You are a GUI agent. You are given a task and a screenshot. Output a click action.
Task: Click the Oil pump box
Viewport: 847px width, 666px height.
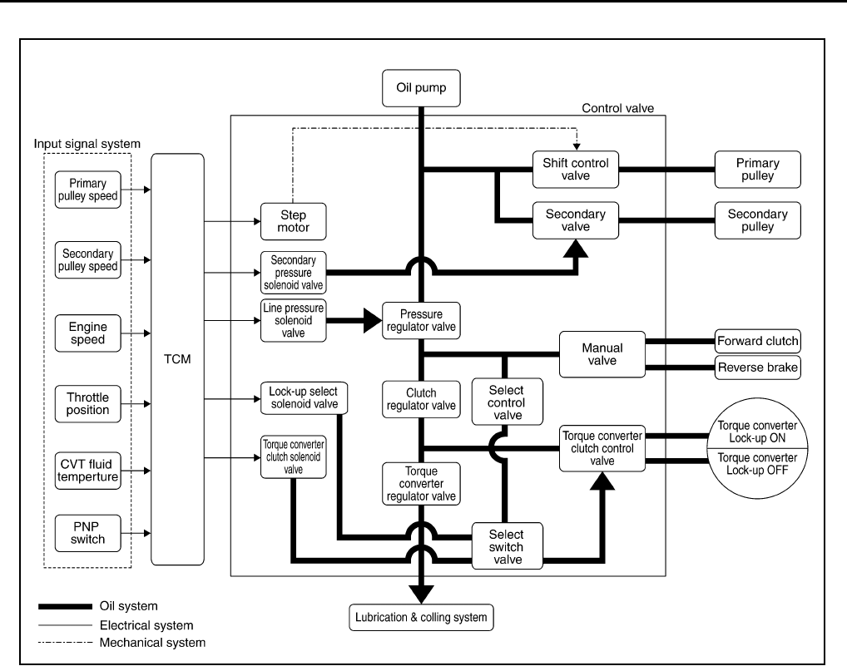tap(421, 88)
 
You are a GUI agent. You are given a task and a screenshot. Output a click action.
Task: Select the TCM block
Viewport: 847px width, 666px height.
tap(177, 359)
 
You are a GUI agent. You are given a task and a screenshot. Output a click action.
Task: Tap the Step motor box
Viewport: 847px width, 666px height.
tap(294, 221)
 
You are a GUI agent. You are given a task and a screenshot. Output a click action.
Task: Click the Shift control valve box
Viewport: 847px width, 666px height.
tap(575, 170)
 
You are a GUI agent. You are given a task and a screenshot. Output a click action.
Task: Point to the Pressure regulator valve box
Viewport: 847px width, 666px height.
tap(421, 321)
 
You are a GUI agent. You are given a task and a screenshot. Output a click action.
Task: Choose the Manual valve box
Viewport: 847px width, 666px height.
tap(602, 354)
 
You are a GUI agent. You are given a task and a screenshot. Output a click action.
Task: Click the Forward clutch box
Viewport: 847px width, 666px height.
tap(757, 341)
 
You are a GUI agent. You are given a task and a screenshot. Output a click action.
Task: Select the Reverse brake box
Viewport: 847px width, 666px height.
tap(757, 368)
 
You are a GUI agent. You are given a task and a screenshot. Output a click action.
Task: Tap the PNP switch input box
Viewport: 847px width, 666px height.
tap(87, 533)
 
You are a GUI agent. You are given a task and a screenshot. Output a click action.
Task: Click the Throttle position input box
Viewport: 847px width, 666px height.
tap(87, 404)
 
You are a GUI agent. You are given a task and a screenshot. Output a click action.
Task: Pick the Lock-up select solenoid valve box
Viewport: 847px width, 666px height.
tap(305, 397)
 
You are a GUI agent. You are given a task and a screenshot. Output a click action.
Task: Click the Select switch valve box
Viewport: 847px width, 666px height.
tap(508, 546)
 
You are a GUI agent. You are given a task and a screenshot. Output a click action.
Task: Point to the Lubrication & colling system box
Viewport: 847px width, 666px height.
tap(421, 618)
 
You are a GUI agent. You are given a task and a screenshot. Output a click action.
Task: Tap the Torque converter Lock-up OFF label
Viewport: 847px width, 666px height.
tap(757, 464)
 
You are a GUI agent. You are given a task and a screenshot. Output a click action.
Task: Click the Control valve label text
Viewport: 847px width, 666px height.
tap(618, 108)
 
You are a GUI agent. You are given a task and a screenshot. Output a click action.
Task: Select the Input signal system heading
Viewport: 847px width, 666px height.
tap(87, 144)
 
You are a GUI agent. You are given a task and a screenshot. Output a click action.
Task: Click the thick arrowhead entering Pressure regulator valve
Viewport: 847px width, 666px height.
tap(373, 321)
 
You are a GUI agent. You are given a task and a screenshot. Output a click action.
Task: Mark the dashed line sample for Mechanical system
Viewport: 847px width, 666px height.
tap(66, 642)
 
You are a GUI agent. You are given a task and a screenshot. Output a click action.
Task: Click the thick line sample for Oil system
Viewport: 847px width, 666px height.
tap(66, 606)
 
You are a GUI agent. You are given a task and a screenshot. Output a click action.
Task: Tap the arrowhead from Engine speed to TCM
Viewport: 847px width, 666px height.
tap(147, 333)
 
